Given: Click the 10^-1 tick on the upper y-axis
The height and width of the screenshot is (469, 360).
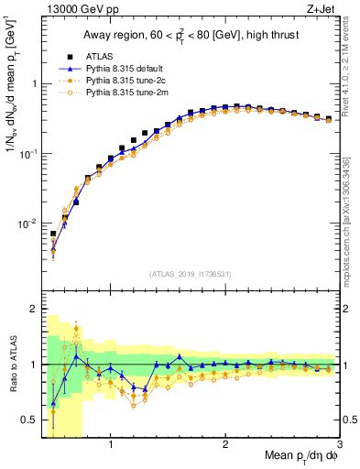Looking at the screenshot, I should click(x=26, y=154).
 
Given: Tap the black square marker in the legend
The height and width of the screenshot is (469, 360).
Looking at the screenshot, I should click(x=55, y=56).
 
